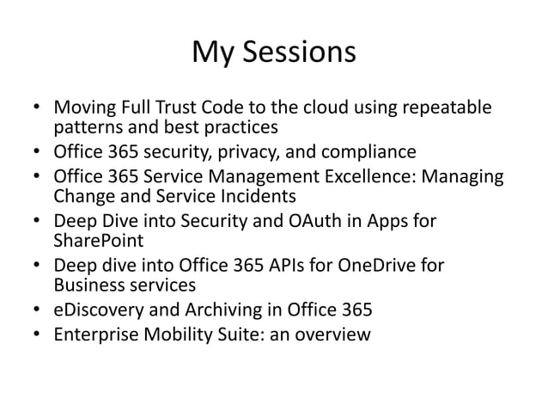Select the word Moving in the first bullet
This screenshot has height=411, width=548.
point(82,108)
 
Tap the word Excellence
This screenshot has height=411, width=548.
point(385,177)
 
